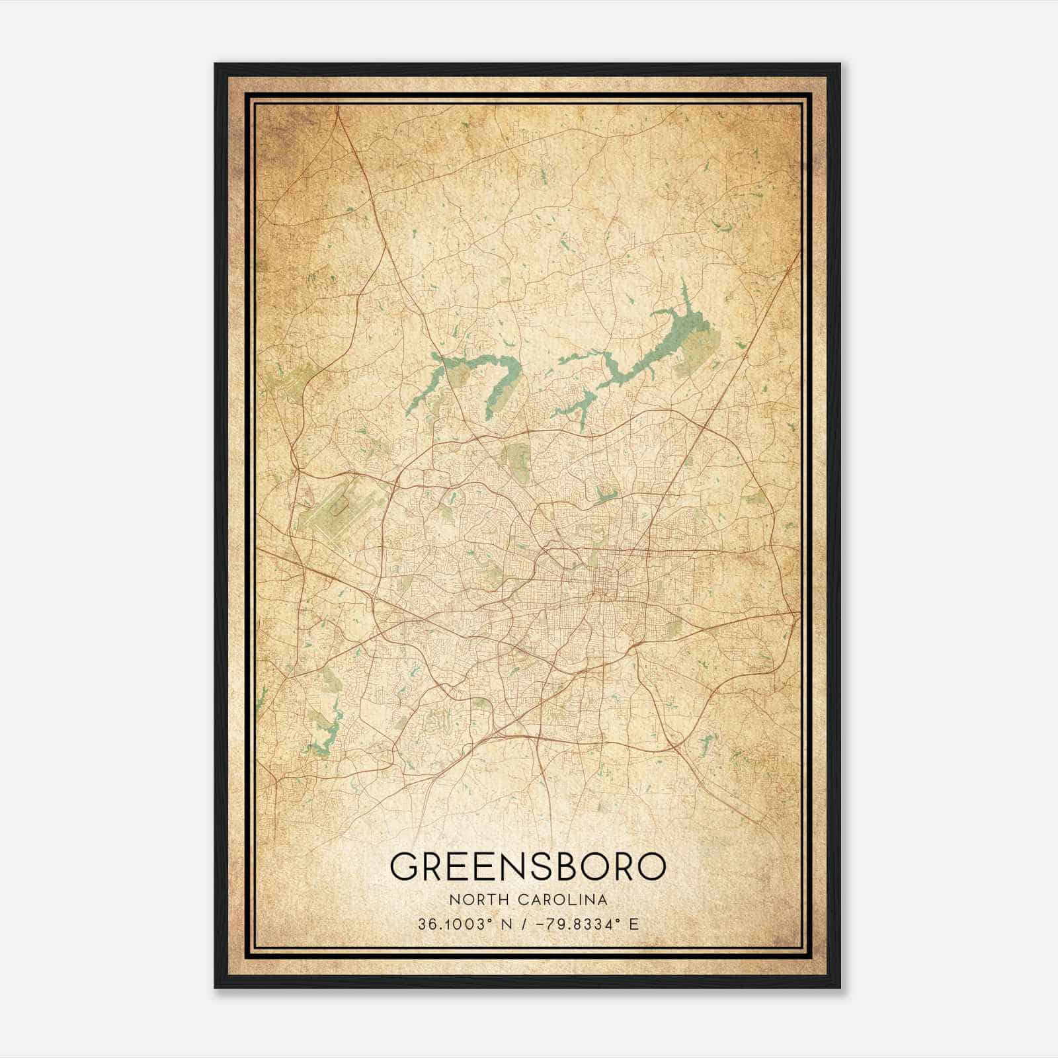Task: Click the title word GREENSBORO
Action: (527, 866)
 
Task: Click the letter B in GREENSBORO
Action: (569, 866)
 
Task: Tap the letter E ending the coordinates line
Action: (634, 924)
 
